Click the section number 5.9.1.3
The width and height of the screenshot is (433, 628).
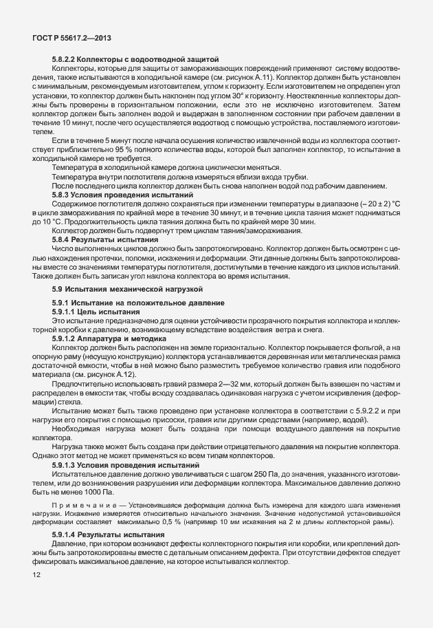pos(67,466)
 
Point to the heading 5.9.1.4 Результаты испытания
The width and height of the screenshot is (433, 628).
pos(108,534)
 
